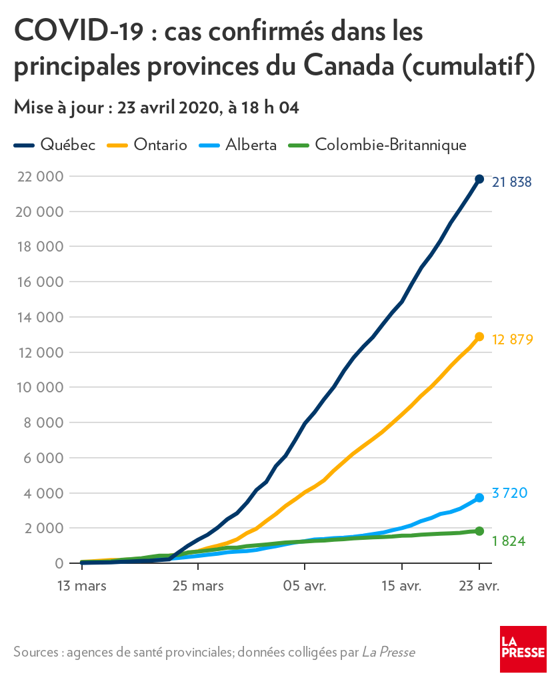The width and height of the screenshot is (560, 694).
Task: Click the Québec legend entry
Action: pos(55,145)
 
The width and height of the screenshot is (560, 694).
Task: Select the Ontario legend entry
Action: pos(147,145)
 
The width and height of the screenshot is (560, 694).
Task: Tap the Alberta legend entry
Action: pos(238,145)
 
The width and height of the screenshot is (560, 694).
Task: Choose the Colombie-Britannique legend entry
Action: pos(377,145)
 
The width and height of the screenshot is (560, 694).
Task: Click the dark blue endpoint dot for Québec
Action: pos(479,179)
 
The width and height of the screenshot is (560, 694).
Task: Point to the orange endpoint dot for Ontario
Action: pos(479,337)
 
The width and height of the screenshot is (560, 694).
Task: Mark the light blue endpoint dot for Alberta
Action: pos(479,498)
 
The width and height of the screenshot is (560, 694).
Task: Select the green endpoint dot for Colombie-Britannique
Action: pos(479,531)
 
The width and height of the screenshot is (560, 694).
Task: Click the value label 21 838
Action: pos(512,182)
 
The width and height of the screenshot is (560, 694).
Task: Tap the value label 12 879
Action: pos(512,340)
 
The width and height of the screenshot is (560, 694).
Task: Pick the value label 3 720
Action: pos(509,492)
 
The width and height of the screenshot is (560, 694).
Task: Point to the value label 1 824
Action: pos(509,541)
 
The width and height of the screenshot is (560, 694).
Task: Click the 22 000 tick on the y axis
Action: pos(40,176)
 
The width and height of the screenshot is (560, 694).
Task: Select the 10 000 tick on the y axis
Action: pos(40,387)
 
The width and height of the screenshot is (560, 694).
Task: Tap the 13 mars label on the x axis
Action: pos(82,586)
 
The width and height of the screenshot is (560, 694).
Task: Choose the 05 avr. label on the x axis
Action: pos(305,586)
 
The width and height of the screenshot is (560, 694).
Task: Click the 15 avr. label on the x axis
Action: pos(401,586)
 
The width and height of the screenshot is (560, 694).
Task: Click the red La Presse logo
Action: pos(523,649)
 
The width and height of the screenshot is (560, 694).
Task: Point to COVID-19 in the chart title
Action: pos(79,31)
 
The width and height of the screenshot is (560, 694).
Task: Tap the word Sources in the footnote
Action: pos(36,652)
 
